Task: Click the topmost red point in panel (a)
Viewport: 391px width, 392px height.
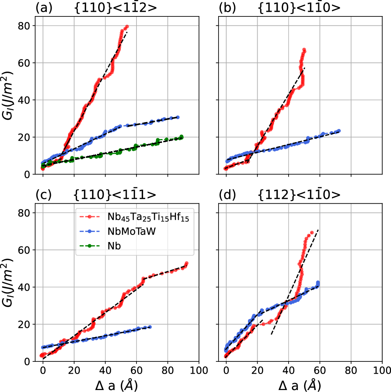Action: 127,27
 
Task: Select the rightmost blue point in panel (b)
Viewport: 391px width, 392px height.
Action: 339,131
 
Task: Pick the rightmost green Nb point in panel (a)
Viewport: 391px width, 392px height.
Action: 182,136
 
